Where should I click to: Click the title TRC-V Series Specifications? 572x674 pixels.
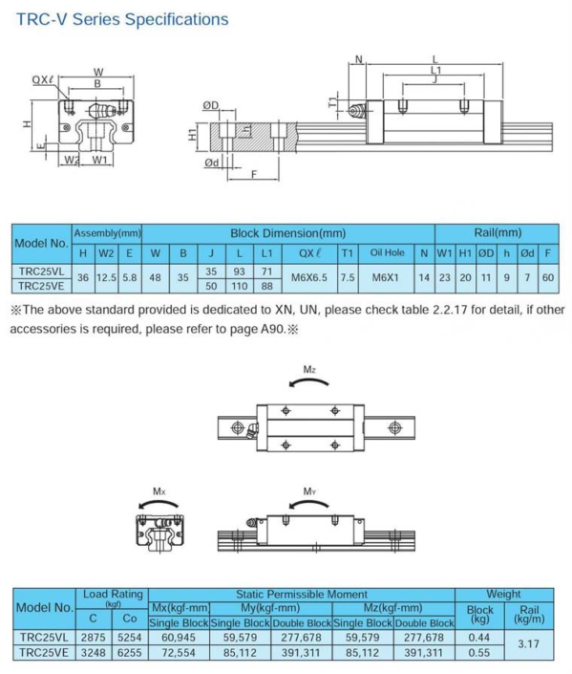pos(122,19)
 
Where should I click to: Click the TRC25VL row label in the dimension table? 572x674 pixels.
pos(41,271)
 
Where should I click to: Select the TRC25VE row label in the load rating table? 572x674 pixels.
pos(44,652)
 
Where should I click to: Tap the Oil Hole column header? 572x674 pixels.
pos(387,253)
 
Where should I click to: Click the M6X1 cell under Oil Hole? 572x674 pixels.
pos(387,277)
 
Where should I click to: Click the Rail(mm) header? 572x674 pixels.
pos(497,232)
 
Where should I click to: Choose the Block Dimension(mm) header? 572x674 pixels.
pos(287,232)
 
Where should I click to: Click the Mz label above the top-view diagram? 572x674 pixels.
pos(309,370)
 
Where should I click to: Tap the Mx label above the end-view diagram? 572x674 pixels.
pos(159,491)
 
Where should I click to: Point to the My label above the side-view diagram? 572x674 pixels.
pos(309,491)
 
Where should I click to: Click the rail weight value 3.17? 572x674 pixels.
pos(528,644)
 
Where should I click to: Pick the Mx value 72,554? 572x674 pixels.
pos(180,652)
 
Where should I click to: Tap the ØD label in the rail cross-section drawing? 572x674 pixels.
pos(211,104)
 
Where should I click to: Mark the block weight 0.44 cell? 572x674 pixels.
pos(479,637)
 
